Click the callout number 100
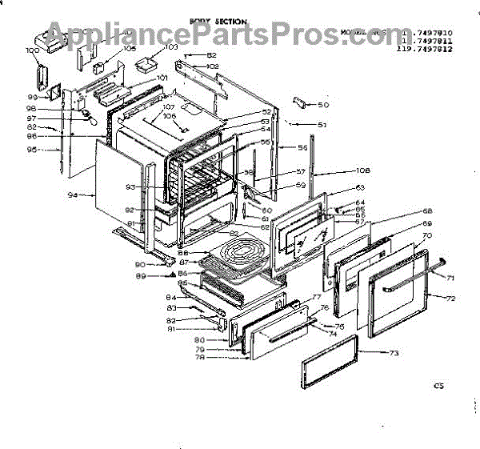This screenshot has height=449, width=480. tap(33, 50)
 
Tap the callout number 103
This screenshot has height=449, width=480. tap(171, 47)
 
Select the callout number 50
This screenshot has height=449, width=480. tap(323, 105)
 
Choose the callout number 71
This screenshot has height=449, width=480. tap(450, 278)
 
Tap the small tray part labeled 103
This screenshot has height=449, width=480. tap(147, 62)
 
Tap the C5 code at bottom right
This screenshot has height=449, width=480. tap(438, 386)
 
